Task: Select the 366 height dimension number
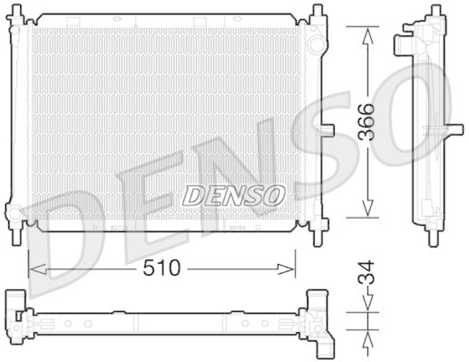tap(366, 122)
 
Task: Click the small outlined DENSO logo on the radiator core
tap(234, 195)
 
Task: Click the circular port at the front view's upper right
tap(316, 43)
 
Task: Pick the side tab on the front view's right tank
tap(327, 130)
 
